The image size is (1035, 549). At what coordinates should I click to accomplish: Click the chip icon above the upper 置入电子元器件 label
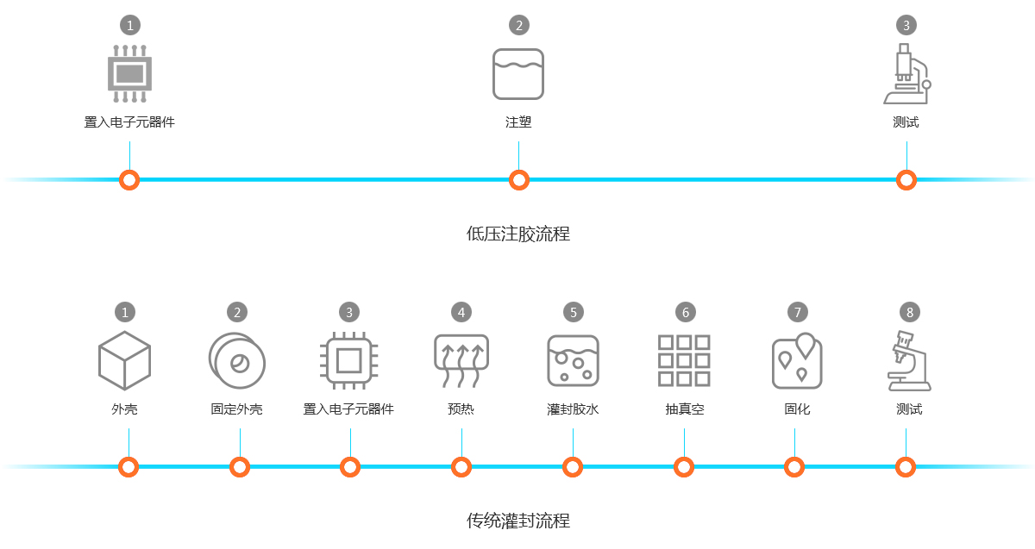(129, 73)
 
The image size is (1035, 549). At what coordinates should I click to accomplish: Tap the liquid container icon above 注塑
(518, 73)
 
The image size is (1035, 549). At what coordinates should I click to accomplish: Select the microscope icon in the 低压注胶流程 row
(906, 73)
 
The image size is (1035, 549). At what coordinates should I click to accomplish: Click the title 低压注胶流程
(518, 234)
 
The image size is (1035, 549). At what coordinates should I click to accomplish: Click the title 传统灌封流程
(518, 521)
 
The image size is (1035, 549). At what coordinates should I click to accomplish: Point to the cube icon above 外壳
(124, 360)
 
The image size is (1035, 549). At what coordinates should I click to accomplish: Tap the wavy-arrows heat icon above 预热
(461, 360)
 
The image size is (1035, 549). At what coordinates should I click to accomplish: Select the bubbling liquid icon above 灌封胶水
(573, 360)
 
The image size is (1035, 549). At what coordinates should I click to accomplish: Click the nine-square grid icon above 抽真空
(684, 360)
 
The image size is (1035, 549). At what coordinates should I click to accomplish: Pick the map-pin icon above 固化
(796, 360)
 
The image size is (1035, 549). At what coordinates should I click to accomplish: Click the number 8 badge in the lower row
(909, 311)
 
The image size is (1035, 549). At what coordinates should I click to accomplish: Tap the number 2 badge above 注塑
(518, 25)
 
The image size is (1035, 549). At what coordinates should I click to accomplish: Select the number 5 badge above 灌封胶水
(573, 311)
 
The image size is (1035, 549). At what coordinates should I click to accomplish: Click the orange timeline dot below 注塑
(518, 179)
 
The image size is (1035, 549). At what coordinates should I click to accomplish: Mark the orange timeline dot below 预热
(461, 466)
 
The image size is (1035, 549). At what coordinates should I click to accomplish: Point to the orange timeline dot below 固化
(794, 466)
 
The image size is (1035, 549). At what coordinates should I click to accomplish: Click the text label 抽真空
(685, 409)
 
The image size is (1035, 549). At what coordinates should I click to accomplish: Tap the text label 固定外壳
(236, 409)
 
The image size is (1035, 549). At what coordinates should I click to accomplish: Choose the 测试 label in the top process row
(906, 122)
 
